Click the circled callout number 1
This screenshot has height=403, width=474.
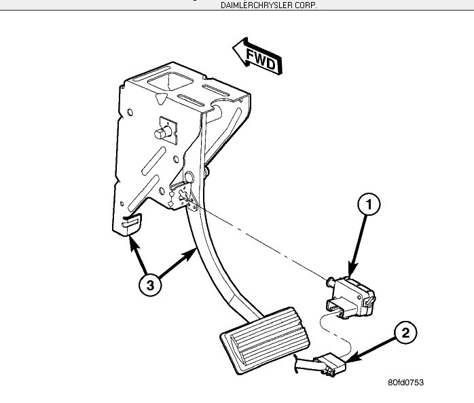click(368, 204)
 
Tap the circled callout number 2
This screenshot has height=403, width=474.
click(405, 333)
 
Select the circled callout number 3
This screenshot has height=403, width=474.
click(150, 285)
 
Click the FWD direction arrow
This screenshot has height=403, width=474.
click(256, 59)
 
